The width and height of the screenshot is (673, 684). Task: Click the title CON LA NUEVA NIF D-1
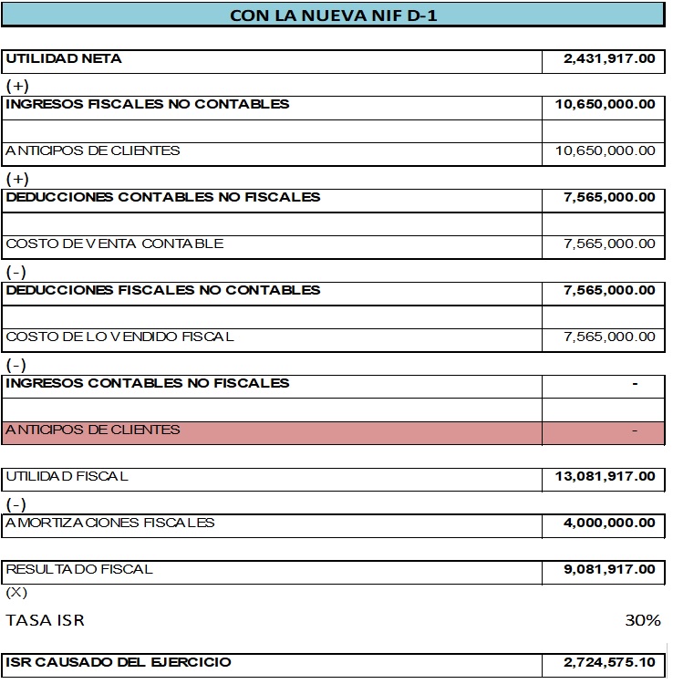click(333, 15)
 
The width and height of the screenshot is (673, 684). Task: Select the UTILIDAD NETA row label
click(64, 59)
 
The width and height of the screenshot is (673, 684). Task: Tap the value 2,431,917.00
click(609, 59)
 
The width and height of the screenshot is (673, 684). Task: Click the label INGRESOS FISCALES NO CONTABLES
click(148, 104)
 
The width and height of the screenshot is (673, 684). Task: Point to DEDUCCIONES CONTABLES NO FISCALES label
click(163, 197)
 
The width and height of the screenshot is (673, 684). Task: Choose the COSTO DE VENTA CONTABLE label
click(114, 244)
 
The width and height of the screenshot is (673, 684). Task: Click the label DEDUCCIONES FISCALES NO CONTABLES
click(163, 290)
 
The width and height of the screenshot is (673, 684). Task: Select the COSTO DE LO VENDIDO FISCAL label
click(119, 337)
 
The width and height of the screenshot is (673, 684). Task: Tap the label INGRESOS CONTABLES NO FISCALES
click(148, 383)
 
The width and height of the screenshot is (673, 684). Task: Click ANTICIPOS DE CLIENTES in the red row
click(93, 430)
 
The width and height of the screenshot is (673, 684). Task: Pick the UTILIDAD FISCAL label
click(67, 476)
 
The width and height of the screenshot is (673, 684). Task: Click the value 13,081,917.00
click(605, 476)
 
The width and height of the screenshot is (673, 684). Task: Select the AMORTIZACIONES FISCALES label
click(110, 523)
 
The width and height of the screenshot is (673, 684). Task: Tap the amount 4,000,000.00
click(609, 523)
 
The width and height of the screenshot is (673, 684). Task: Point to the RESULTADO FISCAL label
click(79, 569)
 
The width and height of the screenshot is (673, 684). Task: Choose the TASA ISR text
click(46, 621)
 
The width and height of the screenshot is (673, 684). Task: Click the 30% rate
click(642, 621)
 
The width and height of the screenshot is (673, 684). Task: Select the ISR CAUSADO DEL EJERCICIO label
click(119, 662)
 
